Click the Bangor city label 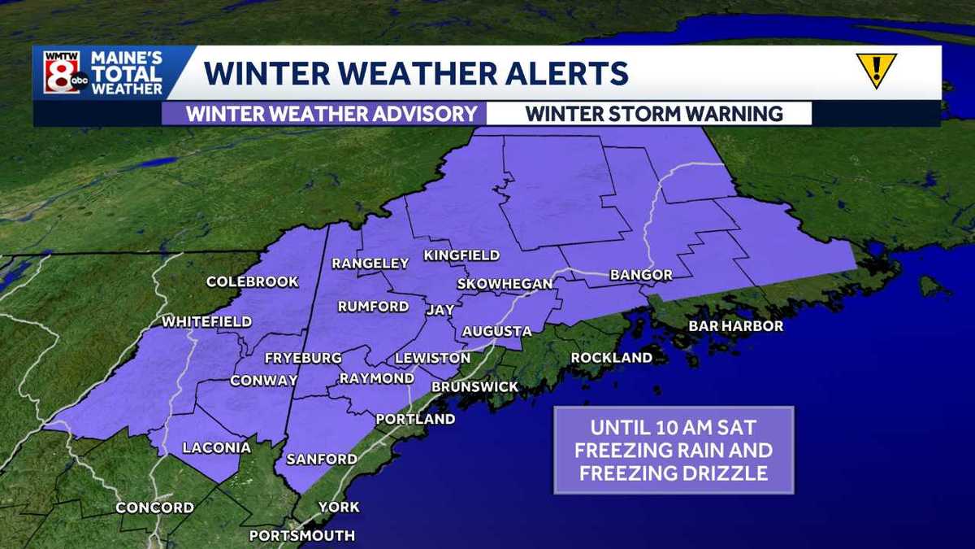[x=641, y=275]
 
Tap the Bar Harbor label [x=735, y=326]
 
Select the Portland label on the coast [x=414, y=420]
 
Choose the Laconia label [x=216, y=447]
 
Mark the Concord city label [x=154, y=508]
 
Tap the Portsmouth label [x=301, y=536]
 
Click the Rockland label [x=611, y=358]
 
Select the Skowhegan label [x=505, y=284]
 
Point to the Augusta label [x=496, y=332]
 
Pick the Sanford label [x=322, y=460]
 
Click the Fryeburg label [x=297, y=359]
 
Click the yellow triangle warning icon [x=876, y=71]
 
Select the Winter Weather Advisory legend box [x=331, y=114]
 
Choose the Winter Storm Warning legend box [x=653, y=114]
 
